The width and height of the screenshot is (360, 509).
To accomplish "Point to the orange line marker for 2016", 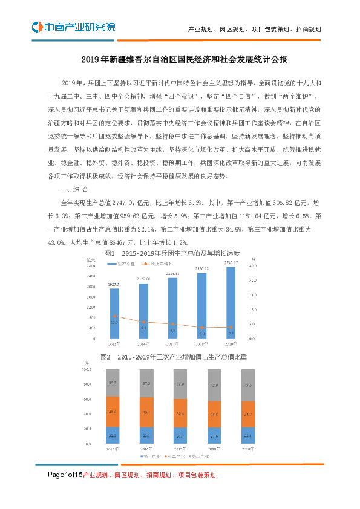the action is (143, 322).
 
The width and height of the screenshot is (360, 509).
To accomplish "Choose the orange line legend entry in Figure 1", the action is (160, 264).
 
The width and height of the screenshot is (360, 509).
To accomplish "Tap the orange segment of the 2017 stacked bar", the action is (172, 413).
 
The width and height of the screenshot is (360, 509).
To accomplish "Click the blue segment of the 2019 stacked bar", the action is (231, 435).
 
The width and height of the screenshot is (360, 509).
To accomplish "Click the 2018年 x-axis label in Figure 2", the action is (201, 449).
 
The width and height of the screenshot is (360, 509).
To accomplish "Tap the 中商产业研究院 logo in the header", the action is (73, 27).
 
